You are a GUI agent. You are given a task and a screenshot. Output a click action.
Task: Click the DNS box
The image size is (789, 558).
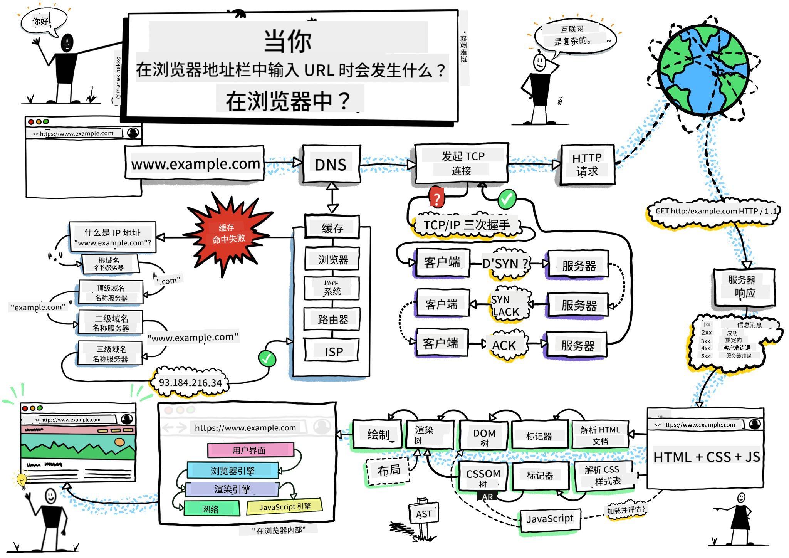[331, 164]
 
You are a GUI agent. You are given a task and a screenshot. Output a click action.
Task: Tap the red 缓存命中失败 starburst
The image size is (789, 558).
[228, 234]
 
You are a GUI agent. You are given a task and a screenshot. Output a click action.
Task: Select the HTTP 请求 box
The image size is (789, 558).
[587, 165]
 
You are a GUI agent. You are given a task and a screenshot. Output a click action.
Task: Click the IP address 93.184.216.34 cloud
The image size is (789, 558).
[190, 383]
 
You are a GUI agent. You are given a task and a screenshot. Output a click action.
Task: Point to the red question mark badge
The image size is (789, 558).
[436, 198]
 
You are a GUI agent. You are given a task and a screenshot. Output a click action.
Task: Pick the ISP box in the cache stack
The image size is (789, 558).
[332, 351]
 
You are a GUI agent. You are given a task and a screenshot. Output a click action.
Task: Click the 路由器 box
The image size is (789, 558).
[332, 319]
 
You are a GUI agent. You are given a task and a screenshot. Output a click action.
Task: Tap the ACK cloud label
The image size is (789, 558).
[504, 345]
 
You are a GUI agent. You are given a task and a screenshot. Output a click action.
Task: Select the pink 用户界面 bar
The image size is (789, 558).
[250, 450]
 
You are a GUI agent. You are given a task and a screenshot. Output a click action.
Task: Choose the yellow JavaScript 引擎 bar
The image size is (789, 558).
[284, 507]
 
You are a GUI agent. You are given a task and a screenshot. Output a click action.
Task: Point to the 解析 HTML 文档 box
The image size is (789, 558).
[600, 435]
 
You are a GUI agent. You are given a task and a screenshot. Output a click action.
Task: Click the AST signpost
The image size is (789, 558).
[423, 514]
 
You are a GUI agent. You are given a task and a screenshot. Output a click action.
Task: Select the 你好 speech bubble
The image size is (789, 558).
[42, 21]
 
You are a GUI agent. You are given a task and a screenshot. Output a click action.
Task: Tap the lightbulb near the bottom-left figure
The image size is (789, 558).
[22, 480]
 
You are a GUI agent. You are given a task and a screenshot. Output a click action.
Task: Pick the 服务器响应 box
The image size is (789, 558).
[744, 287]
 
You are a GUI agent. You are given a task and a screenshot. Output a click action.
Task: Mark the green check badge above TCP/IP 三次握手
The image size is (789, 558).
[507, 199]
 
